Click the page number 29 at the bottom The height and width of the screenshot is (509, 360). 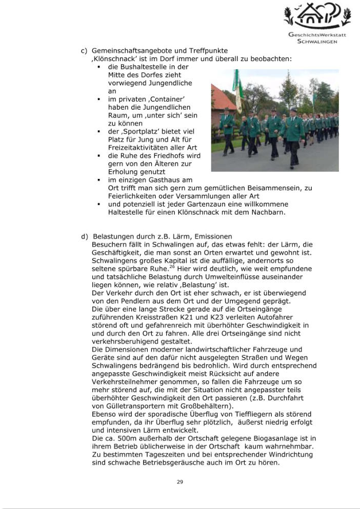point(180,482)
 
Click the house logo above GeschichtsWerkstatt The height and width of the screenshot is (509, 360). point(316,16)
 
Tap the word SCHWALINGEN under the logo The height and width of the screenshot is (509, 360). point(317,42)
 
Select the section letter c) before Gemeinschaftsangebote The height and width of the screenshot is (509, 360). point(84,51)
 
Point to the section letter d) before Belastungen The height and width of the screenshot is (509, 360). point(84,236)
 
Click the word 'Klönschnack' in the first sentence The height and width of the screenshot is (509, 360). point(111,59)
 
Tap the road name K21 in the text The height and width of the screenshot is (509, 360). point(232,317)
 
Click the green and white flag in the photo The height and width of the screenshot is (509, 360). point(237,90)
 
